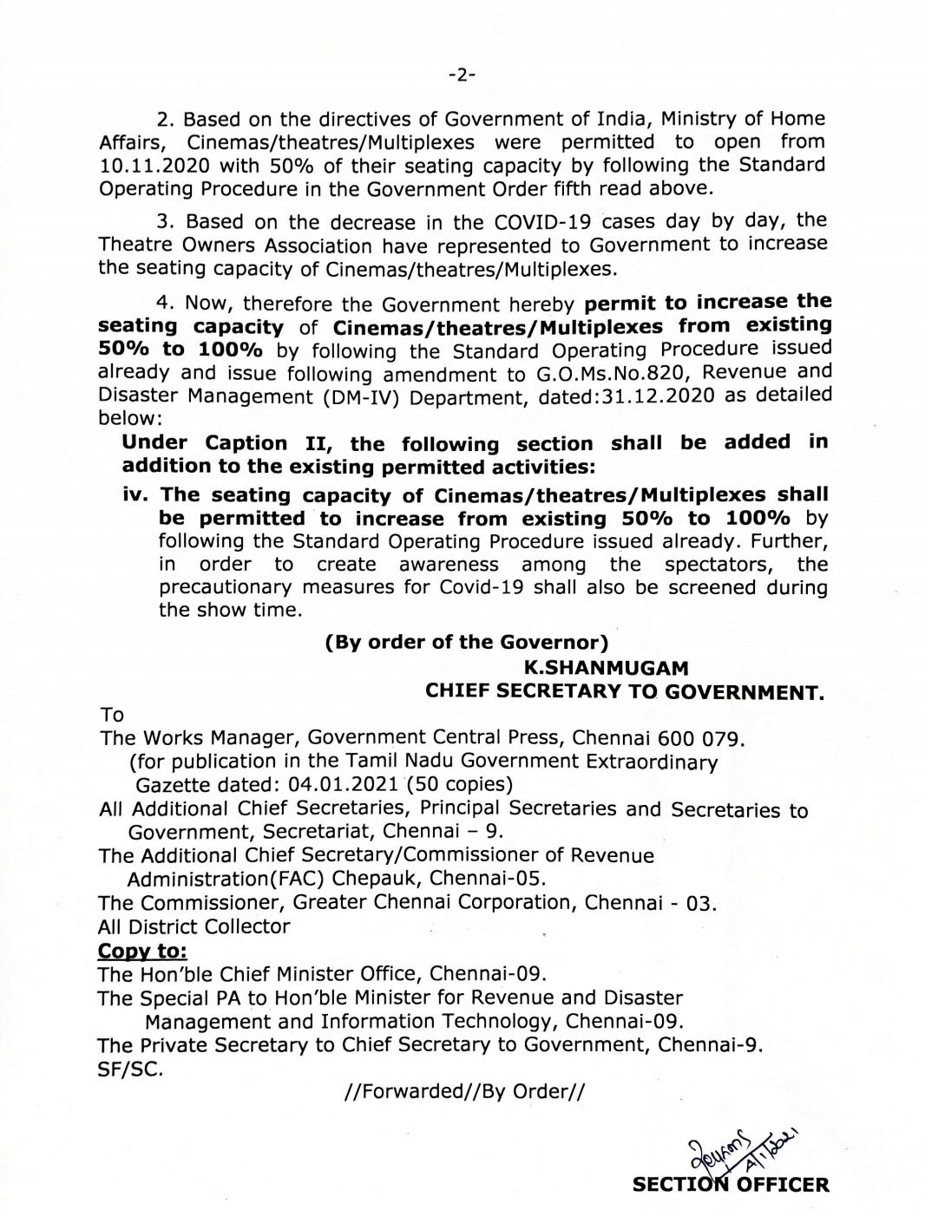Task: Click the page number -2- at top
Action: (462, 75)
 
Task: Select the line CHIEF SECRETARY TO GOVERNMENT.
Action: (623, 691)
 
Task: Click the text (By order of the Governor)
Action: (464, 644)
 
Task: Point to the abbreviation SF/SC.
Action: (130, 1069)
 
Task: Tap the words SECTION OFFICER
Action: (731, 1185)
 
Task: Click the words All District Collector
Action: (194, 926)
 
